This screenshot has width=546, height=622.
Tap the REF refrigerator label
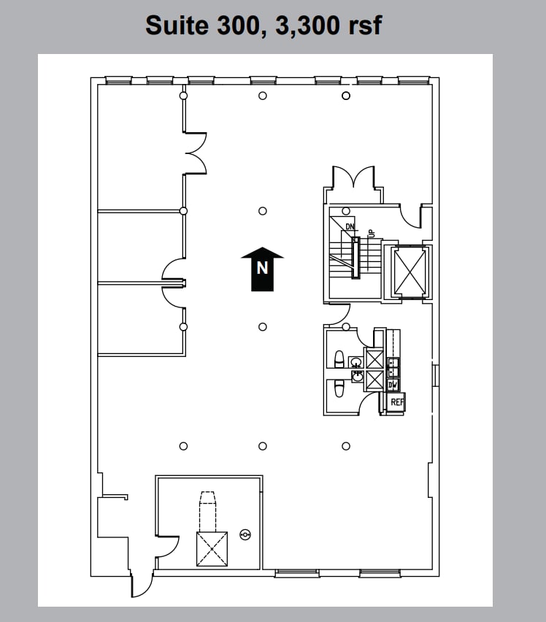396,402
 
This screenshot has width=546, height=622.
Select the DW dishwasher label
393,385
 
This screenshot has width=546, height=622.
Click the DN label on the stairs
350,227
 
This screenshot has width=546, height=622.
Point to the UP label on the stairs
371,233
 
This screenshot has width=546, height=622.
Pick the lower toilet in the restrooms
339,388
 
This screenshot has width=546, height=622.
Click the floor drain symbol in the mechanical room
245,535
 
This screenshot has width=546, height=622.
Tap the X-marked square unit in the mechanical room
212,548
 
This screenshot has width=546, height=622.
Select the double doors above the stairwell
354,177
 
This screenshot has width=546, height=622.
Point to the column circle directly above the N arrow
263,212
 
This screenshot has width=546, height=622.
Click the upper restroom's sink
355,361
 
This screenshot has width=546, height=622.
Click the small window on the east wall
435,375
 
